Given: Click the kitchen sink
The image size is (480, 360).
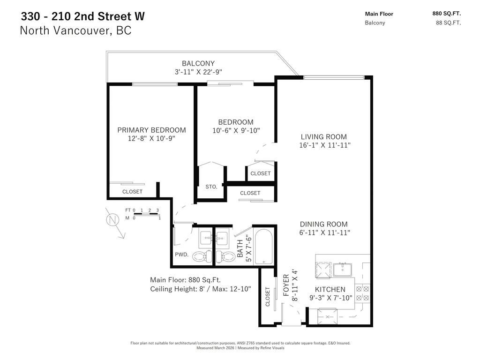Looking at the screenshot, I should (344, 269).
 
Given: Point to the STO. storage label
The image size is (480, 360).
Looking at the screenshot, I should (211, 187).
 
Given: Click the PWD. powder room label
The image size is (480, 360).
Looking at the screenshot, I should (181, 255).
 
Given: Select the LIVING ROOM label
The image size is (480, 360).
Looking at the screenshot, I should (324, 137).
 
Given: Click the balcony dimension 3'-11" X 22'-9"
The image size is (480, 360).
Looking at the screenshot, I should (198, 72).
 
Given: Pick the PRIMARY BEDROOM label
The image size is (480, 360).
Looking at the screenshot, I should (151, 130).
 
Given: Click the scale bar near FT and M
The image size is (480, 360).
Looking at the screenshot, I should (146, 214).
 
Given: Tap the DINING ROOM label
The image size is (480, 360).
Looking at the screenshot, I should (324, 224).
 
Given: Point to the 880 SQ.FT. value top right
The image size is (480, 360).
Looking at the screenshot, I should (446, 14).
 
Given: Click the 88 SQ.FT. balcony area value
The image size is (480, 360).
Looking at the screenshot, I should (448, 22).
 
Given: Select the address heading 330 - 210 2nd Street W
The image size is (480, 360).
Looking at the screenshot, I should (82, 16).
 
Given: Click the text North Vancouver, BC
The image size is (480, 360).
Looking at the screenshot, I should (75, 31).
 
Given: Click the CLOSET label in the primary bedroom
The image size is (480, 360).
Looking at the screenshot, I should (132, 192).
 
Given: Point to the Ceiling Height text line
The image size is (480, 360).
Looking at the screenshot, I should (201, 289).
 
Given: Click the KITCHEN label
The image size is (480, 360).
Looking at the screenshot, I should (330, 289).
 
